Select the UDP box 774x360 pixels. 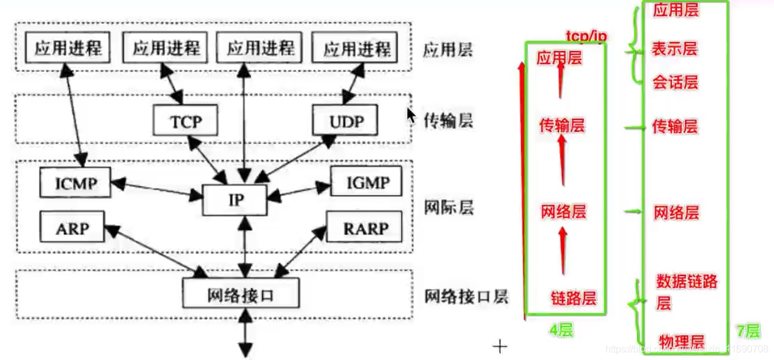click(x=346, y=122)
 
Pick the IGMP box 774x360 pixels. click(x=367, y=182)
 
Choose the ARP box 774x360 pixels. click(x=72, y=227)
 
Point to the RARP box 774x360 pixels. click(x=365, y=228)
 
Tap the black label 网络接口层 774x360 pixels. click(x=466, y=296)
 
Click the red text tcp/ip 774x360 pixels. click(x=586, y=37)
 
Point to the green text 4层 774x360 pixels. click(x=561, y=329)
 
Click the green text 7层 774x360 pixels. click(x=748, y=331)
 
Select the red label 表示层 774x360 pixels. click(x=674, y=49)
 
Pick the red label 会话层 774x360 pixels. click(x=675, y=82)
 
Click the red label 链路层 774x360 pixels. click(x=573, y=298)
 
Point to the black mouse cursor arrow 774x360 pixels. click(x=412, y=115)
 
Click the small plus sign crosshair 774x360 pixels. click(x=500, y=347)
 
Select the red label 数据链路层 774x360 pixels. click(x=686, y=292)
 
